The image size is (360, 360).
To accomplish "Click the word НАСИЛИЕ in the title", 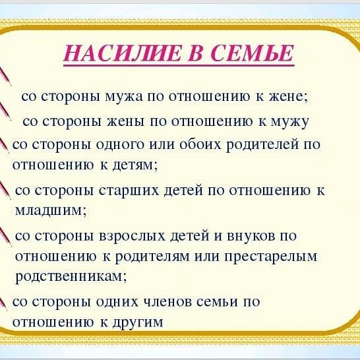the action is (121, 53).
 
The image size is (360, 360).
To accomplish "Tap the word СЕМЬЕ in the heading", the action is (252, 53).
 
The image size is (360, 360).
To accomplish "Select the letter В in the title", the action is (195, 53).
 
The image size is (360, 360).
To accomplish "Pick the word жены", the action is (126, 122).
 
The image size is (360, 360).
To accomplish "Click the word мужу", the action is (289, 123).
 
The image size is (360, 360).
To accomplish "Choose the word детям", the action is (135, 165).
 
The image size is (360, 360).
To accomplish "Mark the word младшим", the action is (51, 210).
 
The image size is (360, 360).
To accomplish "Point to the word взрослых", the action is (133, 236).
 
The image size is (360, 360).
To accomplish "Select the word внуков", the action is (251, 236).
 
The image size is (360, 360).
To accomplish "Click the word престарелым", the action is (271, 256).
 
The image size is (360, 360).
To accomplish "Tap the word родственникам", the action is (71, 276).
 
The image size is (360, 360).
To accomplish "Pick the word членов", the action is (167, 301).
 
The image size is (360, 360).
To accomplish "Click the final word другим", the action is (138, 322).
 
